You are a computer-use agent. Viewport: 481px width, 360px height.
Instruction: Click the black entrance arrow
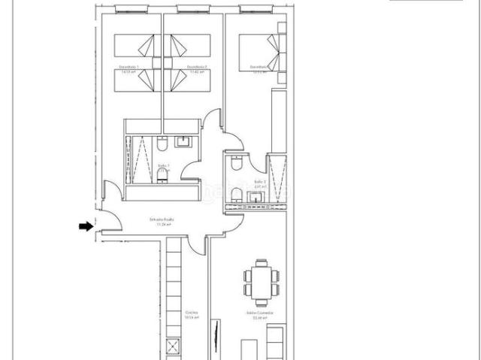[86, 225]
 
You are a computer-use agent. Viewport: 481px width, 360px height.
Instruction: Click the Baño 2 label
[260, 183]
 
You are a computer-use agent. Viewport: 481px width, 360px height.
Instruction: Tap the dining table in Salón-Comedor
[261, 280]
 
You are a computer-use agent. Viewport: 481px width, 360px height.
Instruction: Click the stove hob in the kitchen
[172, 347]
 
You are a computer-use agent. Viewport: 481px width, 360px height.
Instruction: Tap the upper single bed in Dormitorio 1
[136, 45]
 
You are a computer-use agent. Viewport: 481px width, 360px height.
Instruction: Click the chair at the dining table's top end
[261, 262]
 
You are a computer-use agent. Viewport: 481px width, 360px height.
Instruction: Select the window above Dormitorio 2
[192, 9]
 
